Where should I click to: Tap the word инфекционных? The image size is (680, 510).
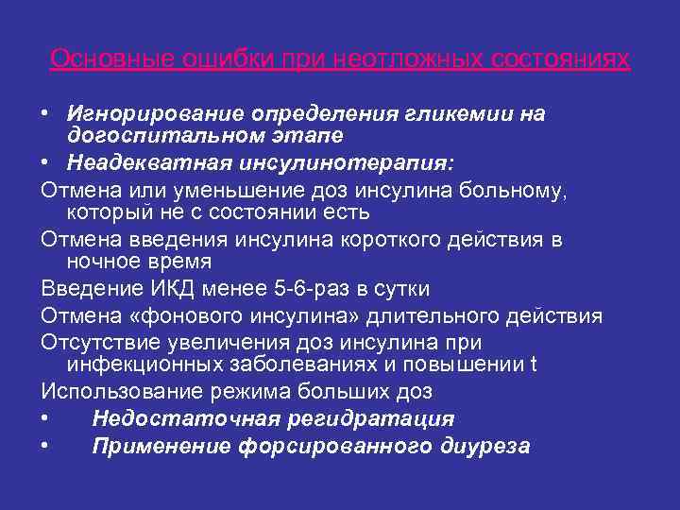coord(143,365)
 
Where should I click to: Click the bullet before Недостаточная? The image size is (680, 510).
coord(46,418)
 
